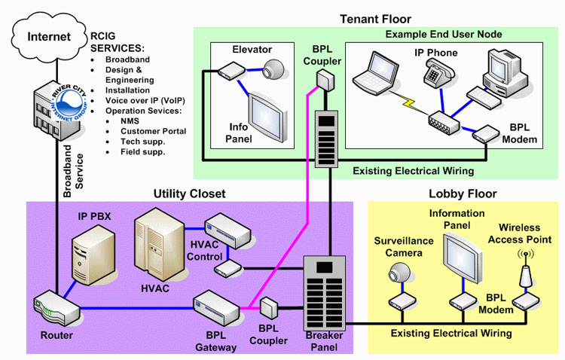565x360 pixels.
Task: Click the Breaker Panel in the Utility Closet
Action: [323, 294]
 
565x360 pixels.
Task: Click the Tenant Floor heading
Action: [375, 18]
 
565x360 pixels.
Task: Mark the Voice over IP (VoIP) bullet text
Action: [145, 100]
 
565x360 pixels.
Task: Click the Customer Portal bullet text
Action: [153, 131]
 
